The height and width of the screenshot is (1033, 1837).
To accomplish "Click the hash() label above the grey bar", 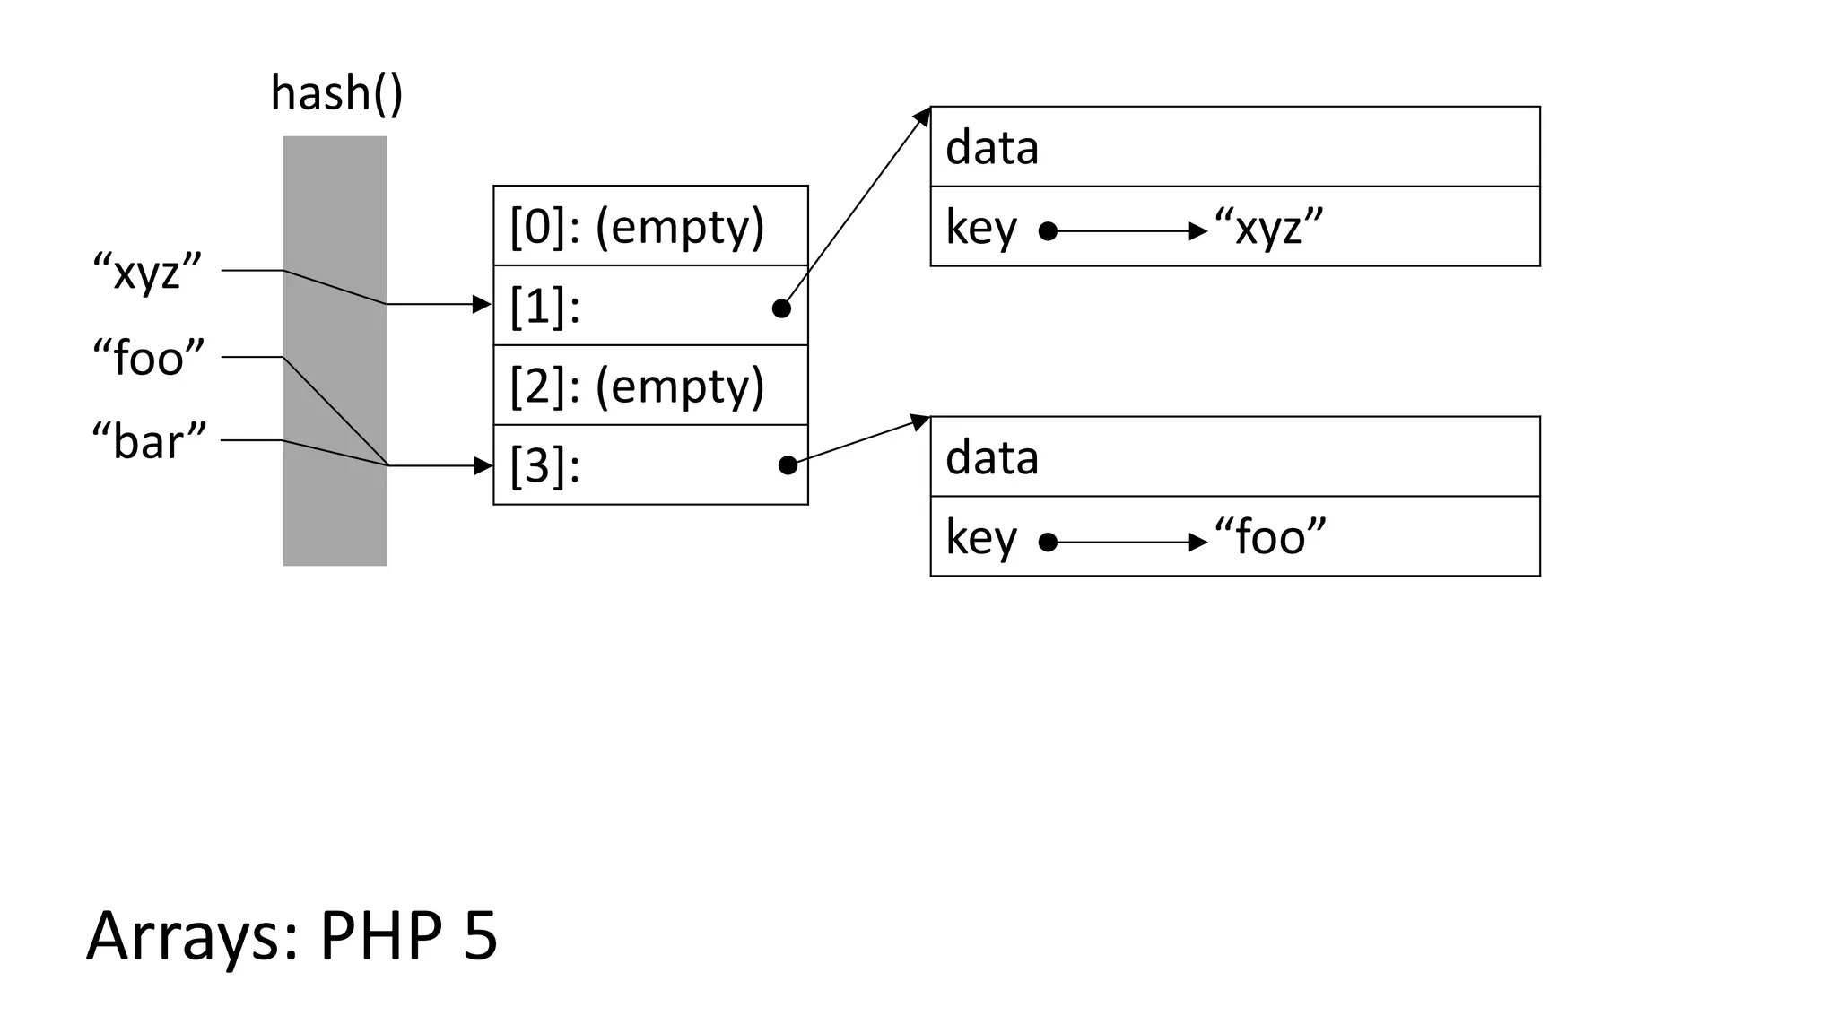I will coord(336,94).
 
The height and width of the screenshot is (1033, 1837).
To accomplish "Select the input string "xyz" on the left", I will coord(148,272).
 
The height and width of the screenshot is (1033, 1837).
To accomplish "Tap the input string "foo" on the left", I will coord(149,358).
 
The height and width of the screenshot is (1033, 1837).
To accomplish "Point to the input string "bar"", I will coord(149,441).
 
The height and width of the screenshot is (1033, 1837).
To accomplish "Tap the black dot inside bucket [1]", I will coord(781,308).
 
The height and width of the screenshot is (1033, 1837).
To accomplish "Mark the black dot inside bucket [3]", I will coord(788,465).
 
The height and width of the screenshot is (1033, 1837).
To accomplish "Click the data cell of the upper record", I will coord(1234,147).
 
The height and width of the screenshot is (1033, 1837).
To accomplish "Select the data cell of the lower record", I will coord(1234,457).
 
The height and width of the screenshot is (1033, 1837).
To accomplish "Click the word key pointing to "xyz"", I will coord(981,228).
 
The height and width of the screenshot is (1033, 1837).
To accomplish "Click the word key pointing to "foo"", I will coord(981,538).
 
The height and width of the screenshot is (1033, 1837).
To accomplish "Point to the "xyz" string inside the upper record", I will coord(1268,228).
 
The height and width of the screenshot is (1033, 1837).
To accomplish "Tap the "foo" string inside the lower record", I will coord(1269,538).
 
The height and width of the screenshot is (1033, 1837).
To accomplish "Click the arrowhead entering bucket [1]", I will coord(483,305).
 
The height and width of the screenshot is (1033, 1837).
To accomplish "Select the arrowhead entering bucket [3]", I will coord(483,465).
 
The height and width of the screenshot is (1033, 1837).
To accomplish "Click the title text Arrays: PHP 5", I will coord(292,936).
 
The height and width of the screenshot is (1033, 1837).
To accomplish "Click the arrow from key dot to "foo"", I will coord(1130,543).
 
